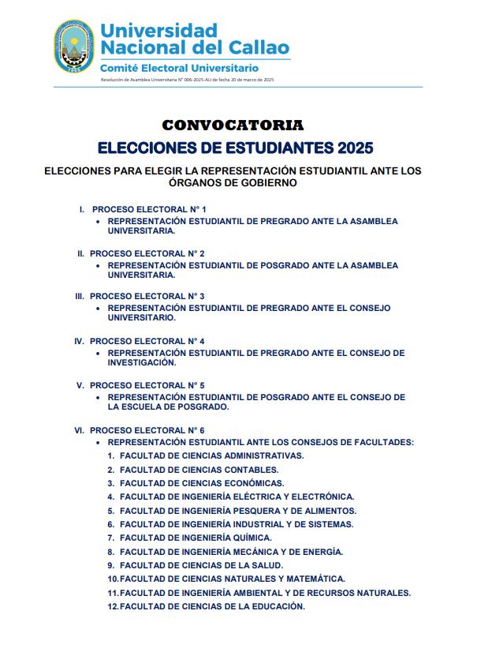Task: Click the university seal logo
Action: [73, 47]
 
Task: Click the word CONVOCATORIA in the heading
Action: [233, 126]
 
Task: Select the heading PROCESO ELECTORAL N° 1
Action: [149, 209]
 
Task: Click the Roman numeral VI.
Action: [79, 429]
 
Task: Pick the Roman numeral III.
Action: [79, 297]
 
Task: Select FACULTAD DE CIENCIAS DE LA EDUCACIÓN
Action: [212, 606]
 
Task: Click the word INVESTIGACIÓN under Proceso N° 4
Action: [140, 363]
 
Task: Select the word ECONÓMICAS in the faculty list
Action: [248, 483]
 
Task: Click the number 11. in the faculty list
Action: [113, 593]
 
